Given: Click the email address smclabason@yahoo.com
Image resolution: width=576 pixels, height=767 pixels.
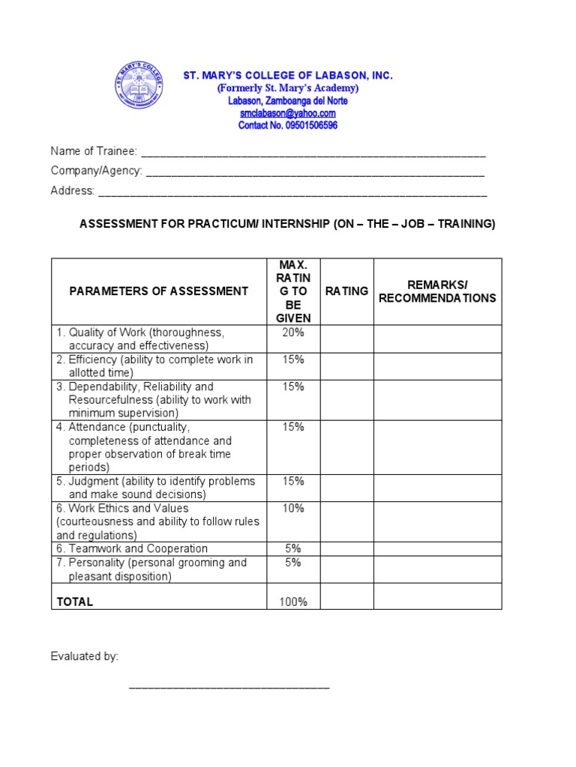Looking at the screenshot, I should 288,113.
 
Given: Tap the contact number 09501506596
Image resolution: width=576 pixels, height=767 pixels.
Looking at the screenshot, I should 288,126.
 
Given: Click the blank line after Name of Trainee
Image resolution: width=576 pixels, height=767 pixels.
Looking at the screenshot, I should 313,154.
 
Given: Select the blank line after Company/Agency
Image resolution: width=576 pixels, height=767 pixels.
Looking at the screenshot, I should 315,173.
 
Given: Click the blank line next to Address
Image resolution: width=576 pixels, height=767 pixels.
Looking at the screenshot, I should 292,192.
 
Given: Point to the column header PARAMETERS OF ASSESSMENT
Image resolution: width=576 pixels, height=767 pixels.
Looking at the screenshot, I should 158,291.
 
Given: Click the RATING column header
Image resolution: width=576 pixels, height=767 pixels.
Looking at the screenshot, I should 346,291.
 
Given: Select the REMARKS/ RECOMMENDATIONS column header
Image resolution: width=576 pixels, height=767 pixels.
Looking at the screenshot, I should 437,291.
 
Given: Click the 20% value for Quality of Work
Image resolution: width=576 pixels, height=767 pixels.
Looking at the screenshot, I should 293,333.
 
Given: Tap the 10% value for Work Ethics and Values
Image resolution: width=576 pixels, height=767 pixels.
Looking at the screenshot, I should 293,509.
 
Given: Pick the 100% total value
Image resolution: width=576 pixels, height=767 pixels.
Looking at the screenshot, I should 293,601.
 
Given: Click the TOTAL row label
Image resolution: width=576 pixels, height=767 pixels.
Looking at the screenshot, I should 75,601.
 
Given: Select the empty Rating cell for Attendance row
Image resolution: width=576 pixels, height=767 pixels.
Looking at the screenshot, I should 346,447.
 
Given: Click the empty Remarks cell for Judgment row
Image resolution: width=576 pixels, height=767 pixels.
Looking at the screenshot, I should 437,488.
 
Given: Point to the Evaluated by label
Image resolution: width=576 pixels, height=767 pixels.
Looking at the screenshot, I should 84,656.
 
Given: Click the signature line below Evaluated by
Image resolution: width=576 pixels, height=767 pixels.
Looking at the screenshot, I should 229,687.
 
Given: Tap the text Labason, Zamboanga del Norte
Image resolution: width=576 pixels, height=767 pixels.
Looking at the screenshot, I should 288,101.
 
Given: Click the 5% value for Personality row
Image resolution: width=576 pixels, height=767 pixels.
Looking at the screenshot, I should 293,563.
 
